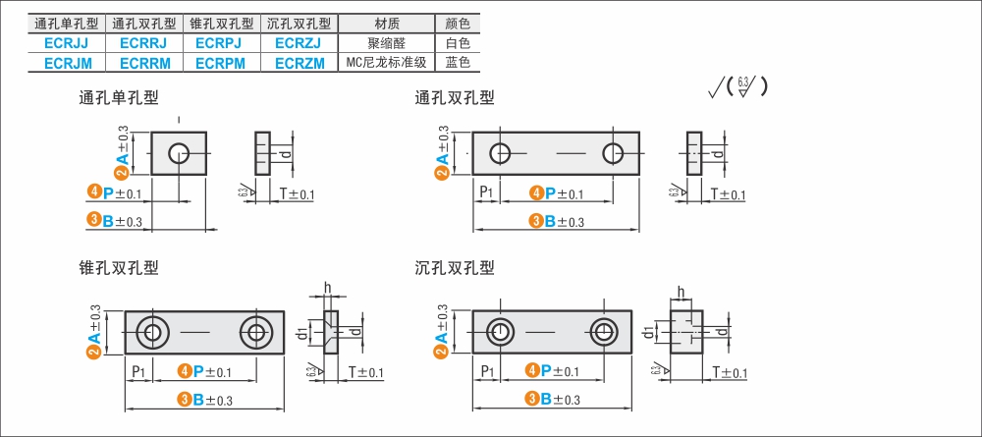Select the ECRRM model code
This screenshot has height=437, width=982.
point(144,63)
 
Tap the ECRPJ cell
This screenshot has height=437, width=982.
point(220,43)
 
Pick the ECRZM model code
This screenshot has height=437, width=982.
point(299,63)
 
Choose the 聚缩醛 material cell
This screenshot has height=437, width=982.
point(386,43)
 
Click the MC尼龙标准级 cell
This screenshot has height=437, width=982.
point(386,63)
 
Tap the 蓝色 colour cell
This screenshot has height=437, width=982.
point(458,63)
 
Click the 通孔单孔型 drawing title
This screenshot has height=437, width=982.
point(118,97)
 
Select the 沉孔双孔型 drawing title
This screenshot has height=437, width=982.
point(455,267)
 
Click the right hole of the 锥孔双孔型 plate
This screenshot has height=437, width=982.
point(259,331)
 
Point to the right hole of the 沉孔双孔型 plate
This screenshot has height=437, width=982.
point(603,331)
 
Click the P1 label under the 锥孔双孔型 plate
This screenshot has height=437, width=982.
point(139,371)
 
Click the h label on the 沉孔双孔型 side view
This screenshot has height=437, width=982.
point(681,291)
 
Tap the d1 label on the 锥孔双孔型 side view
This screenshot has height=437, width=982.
point(304,333)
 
